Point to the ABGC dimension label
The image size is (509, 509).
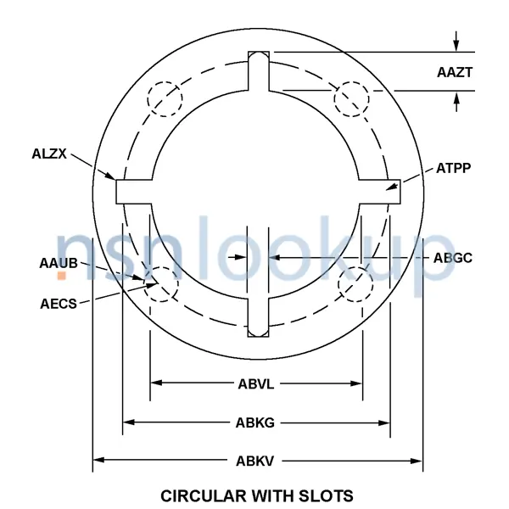point(452,257)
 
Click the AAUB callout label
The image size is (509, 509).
point(59,264)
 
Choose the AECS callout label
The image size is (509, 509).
point(59,302)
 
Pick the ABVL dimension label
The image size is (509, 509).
point(255,383)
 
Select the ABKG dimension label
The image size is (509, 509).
point(255,422)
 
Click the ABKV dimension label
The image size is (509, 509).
point(255,461)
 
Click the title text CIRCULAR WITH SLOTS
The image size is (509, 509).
point(256,495)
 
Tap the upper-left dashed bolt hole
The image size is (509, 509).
point(165,98)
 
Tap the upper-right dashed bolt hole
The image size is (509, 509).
point(351,99)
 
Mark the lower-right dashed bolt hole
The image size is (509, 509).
point(355,283)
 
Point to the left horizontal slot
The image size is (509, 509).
point(134,191)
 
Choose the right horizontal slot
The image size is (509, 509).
point(380,191)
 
